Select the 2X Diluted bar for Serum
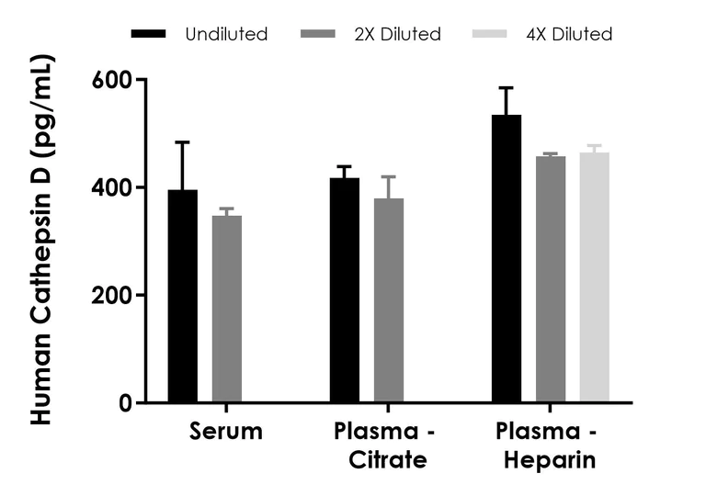coord(226,309)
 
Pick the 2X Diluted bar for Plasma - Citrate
coord(388,300)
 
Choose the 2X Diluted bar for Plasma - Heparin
coord(551,279)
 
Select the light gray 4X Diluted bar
coord(594,277)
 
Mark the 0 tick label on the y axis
coord(126,403)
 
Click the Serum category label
coord(226,432)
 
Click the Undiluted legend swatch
coord(149,34)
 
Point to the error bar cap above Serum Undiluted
coord(182,142)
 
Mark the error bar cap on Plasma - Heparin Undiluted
coord(507,88)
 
